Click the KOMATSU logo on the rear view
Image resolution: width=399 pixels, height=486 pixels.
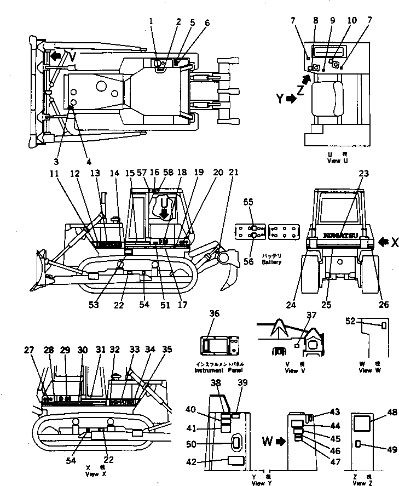point(340,234)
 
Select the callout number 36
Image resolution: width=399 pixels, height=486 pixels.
point(214,314)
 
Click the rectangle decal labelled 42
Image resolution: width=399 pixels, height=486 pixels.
point(236,461)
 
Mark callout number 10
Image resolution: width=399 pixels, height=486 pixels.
point(351,20)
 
